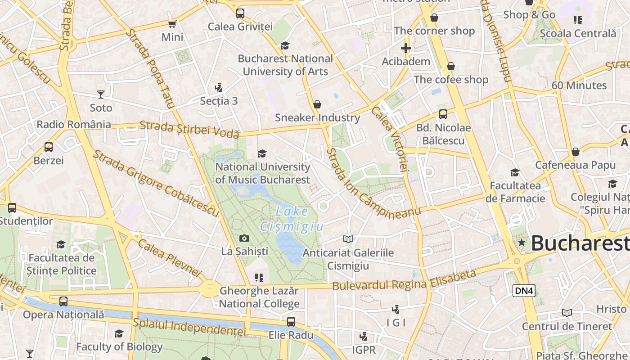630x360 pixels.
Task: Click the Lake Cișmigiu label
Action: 292,219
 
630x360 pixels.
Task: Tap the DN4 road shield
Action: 524,291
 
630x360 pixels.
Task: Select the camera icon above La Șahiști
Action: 244,238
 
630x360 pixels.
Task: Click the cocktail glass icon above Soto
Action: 101,94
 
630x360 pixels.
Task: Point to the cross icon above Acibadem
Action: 406,48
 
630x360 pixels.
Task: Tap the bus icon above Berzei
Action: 48,147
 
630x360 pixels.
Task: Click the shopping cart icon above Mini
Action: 172,24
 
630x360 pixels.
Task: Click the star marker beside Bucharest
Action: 522,243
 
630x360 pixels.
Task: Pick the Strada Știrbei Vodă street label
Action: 189,129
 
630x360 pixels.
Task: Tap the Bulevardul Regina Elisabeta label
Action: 404,280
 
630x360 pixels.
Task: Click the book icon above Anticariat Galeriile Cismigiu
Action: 348,239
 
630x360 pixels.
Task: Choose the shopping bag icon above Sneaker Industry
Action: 317,104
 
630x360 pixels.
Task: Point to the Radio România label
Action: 74,125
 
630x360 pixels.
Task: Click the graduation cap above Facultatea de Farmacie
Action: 515,172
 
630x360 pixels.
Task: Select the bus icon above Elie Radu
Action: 291,322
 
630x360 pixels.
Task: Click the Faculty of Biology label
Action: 119,347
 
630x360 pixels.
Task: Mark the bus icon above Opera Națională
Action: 63,301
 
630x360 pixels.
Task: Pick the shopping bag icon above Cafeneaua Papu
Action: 575,152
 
